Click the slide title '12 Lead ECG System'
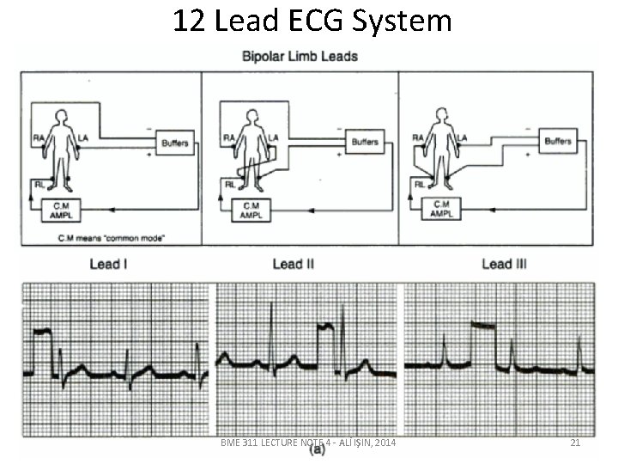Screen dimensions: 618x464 tap(312, 21)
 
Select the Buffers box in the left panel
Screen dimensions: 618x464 tap(175, 142)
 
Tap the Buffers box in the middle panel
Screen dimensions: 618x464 tap(365, 141)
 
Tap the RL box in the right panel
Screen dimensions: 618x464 tap(421, 182)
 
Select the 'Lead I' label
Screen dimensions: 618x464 tap(109, 265)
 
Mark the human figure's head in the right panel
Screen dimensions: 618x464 tap(440, 113)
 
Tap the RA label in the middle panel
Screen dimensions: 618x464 tap(229, 136)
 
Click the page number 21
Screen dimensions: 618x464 tap(576, 443)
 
